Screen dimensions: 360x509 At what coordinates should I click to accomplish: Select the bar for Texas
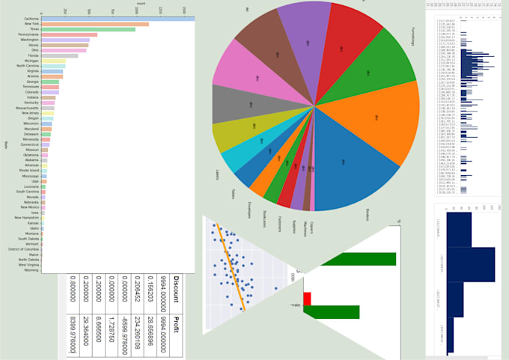pyautogui.click(x=88, y=29)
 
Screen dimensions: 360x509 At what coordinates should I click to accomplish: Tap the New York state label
pyautogui.click(x=32, y=24)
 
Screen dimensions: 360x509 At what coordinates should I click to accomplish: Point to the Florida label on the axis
pyautogui.click(x=34, y=55)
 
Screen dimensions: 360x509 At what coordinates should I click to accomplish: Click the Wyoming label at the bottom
pyautogui.click(x=32, y=270)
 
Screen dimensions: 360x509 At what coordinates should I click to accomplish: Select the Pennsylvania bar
pyautogui.click(x=69, y=34)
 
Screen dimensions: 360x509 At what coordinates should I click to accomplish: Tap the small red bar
pyautogui.click(x=307, y=299)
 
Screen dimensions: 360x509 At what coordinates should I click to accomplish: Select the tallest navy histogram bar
pyautogui.click(x=471, y=265)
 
